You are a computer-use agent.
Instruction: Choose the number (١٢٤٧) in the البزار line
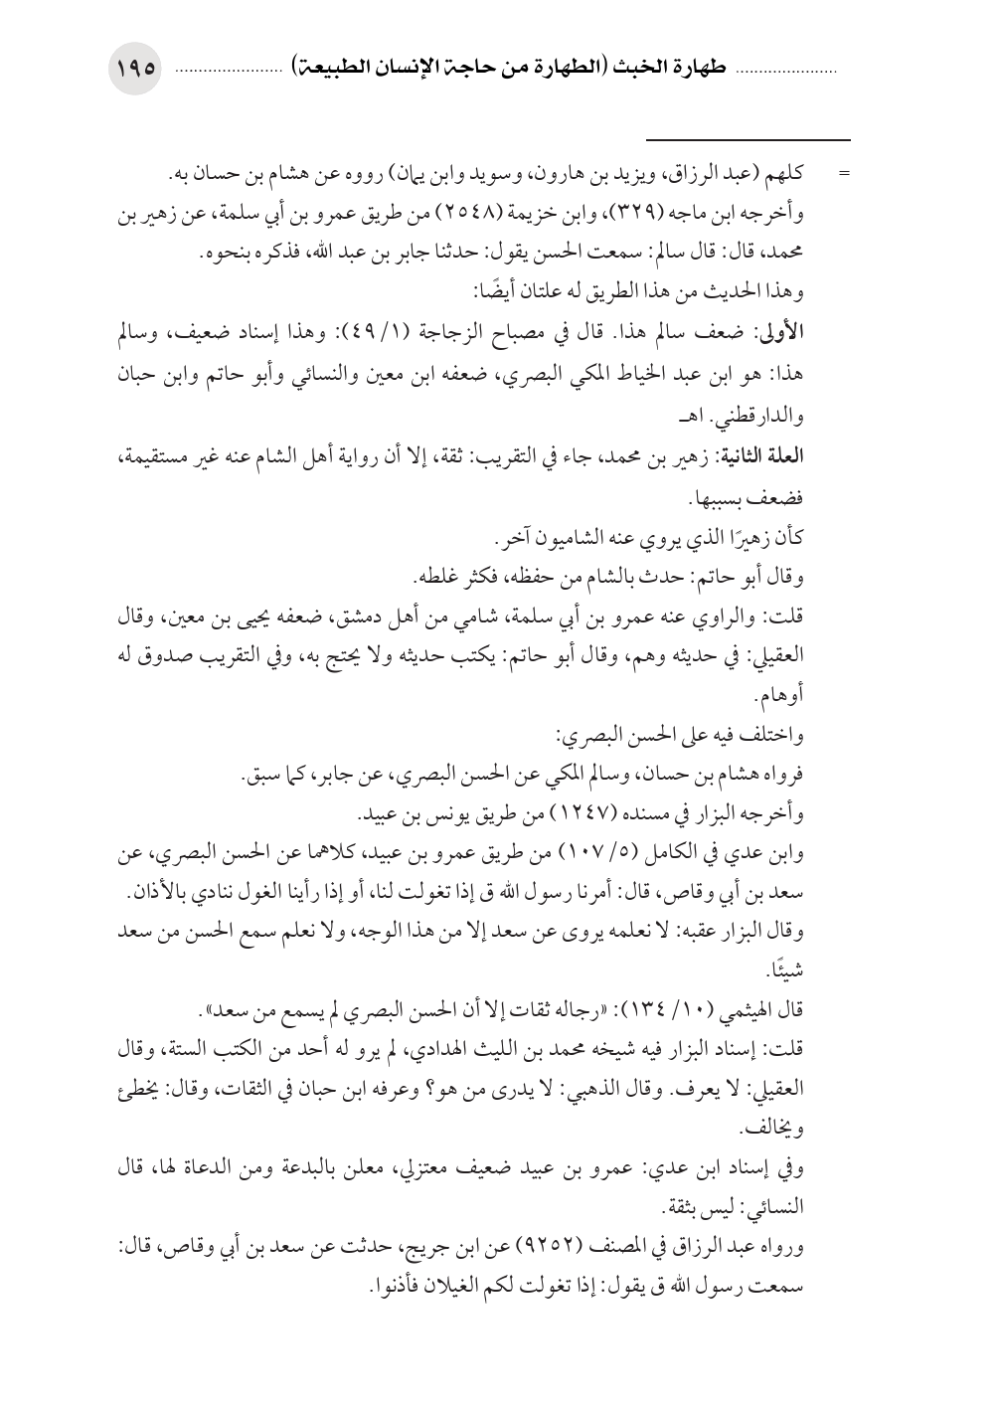coord(590,829)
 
